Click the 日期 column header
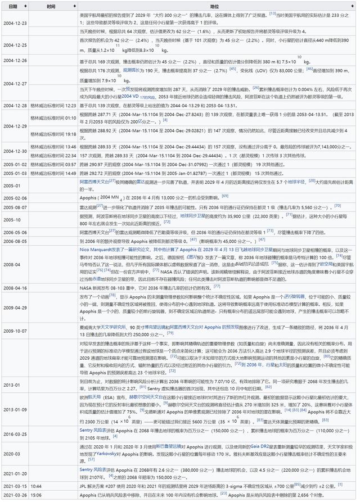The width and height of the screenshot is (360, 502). click(x=13, y=6)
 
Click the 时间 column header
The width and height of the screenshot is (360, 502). click(x=51, y=6)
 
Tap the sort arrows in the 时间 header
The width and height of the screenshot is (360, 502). click(x=74, y=6)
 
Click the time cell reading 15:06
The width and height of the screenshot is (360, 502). click(x=36, y=495)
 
